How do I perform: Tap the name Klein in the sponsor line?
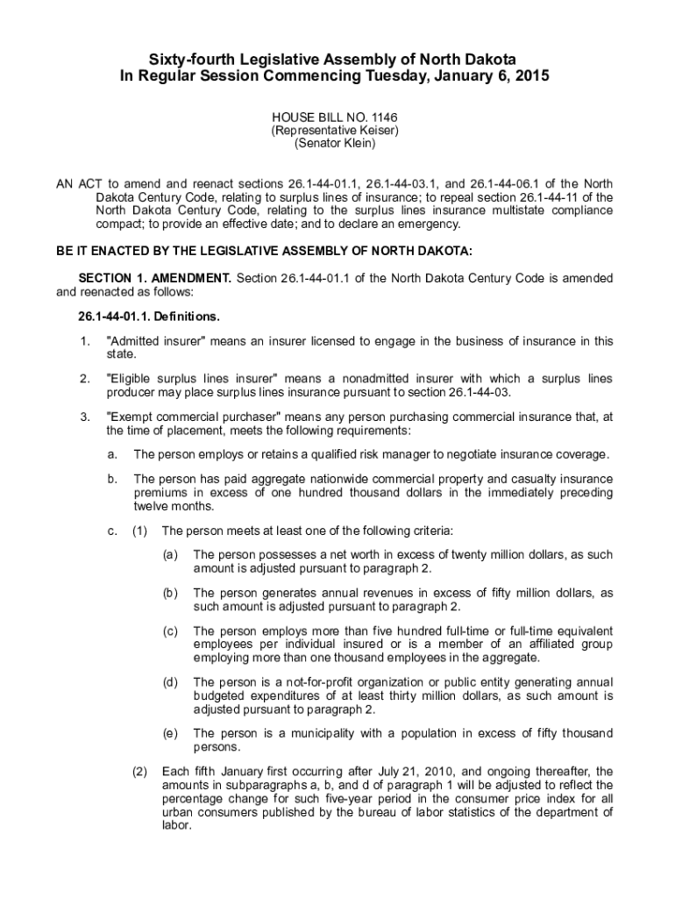pyautogui.click(x=357, y=143)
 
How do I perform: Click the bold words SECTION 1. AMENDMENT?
pyautogui.click(x=155, y=278)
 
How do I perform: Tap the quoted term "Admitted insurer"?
pyautogui.click(x=148, y=341)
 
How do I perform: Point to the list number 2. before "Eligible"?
pyautogui.click(x=84, y=379)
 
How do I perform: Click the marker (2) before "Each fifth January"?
pyautogui.click(x=139, y=772)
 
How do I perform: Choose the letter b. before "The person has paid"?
pyautogui.click(x=112, y=480)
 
